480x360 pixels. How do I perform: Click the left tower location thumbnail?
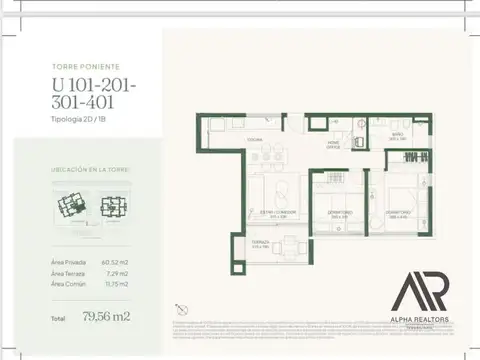70,209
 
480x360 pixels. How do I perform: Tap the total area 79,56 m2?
107,317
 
